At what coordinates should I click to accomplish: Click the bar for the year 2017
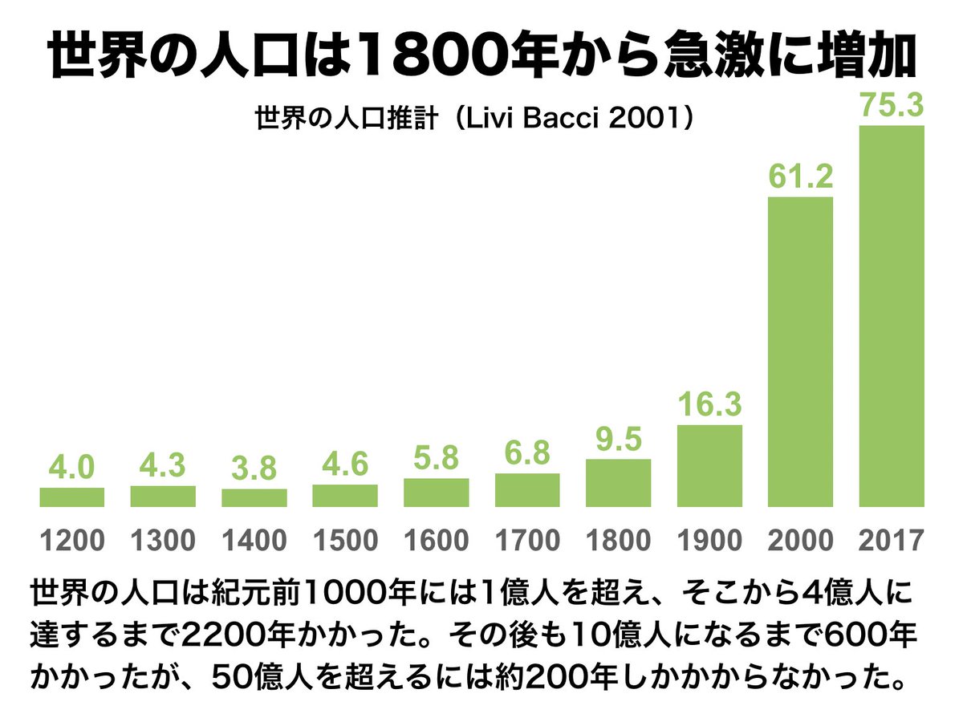coord(892,316)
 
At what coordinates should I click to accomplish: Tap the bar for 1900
coord(709,466)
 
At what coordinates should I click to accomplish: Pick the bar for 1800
coord(618,483)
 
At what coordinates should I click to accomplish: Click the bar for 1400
coord(254,498)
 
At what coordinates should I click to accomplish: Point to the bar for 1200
coord(72,497)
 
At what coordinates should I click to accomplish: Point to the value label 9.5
coord(618,440)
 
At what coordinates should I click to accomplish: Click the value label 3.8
coord(254,470)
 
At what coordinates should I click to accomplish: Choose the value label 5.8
coord(436,459)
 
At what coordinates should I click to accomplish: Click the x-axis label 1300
coord(163,541)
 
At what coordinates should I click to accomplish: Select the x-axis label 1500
coord(345,541)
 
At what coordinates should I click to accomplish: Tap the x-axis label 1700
coord(527,541)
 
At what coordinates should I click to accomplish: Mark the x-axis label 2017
coord(892,541)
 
